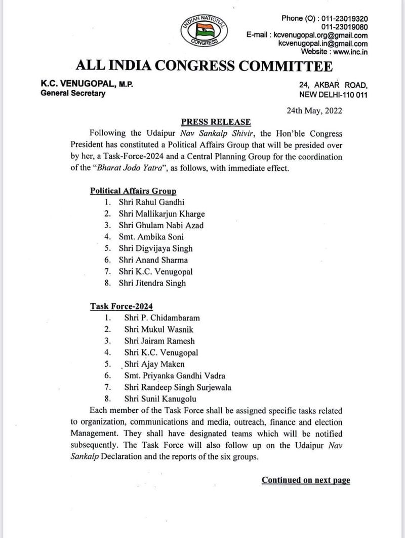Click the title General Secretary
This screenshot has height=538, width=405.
point(73,93)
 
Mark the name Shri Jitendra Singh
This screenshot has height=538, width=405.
point(152,283)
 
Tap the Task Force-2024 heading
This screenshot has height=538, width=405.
point(121,306)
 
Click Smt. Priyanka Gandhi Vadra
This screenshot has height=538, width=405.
point(175,376)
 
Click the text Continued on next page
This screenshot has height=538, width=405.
point(305,480)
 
